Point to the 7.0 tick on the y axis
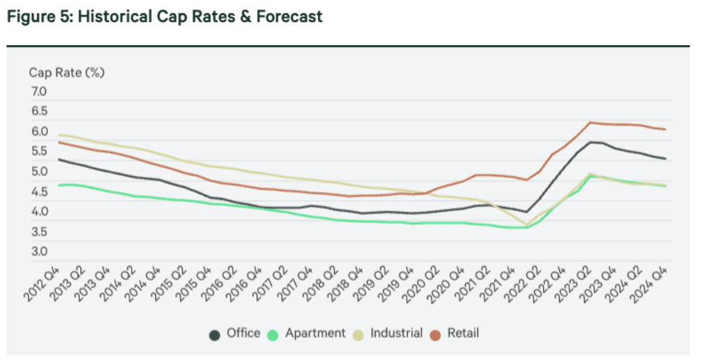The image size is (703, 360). tap(38, 92)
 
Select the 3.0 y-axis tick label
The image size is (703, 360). tap(38, 253)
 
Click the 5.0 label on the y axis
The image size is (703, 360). tap(38, 172)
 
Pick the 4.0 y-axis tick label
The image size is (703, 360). tap(38, 212)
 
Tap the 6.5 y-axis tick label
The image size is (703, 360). tap(38, 112)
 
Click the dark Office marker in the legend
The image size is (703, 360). tap(214, 334)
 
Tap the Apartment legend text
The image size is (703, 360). tap(315, 333)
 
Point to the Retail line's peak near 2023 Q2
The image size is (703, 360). tap(590, 122)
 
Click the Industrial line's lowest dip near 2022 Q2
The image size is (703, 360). tap(527, 225)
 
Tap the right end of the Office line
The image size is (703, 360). tap(665, 159)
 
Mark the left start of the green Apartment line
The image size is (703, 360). tap(59, 185)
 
